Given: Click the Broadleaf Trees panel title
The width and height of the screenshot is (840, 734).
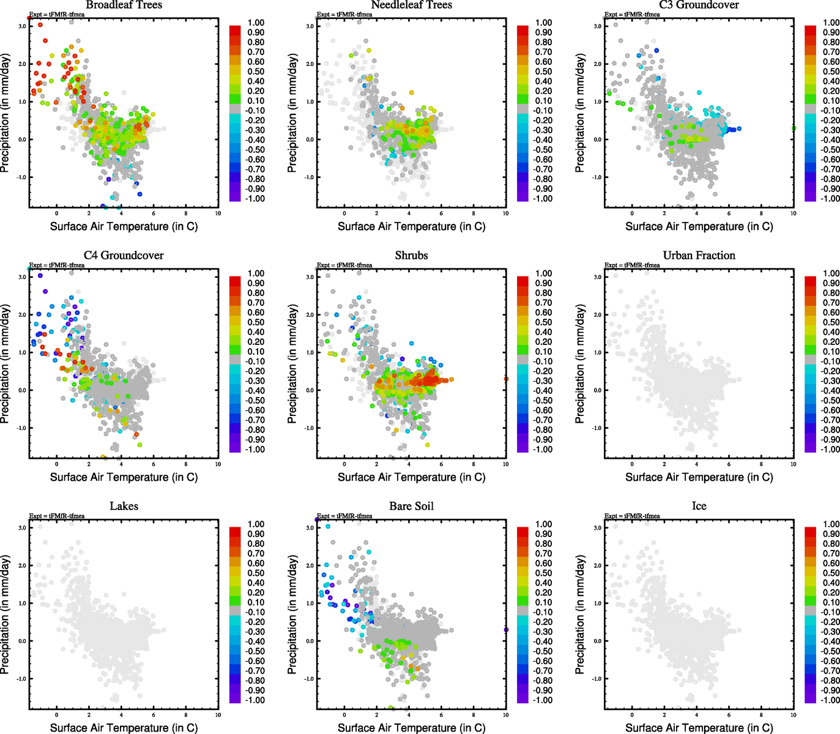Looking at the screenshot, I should coord(124,5).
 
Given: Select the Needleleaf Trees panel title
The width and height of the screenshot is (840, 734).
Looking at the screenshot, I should coord(411,5).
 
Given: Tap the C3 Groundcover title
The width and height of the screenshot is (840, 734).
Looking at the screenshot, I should coord(699,5).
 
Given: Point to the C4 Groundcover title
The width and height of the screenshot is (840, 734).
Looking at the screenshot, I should coord(124,256).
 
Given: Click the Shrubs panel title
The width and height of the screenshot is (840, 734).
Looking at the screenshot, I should coord(411,256).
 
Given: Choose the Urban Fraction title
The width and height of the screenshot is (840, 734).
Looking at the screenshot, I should coord(699,256).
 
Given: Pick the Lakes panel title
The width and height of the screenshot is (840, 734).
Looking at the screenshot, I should coord(124,506).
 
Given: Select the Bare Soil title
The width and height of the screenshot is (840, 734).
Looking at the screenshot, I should coord(411,506).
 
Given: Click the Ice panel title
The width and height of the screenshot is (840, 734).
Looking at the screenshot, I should coord(699,506).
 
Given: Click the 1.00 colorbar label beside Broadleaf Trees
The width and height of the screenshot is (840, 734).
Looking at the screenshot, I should coord(256,23).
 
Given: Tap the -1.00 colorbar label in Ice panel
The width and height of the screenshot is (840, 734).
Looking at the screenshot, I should coord(830,700).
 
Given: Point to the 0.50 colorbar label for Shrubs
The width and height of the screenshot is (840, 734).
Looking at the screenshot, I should coord(543,322).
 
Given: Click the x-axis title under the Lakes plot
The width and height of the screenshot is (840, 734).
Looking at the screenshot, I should coord(124,728).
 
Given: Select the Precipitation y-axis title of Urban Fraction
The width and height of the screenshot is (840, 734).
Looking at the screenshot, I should coord(580,364).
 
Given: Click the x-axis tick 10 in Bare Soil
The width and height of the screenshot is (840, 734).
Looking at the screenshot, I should coord(505,715).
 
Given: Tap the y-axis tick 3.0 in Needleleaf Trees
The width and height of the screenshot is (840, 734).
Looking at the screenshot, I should coord(310,26).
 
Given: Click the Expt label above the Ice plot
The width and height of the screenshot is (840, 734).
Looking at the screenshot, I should coord(632,516).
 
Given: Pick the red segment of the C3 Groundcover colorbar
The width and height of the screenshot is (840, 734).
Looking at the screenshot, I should coord(811,31).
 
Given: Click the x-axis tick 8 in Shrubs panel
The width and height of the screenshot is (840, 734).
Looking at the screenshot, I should coord(474,464).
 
